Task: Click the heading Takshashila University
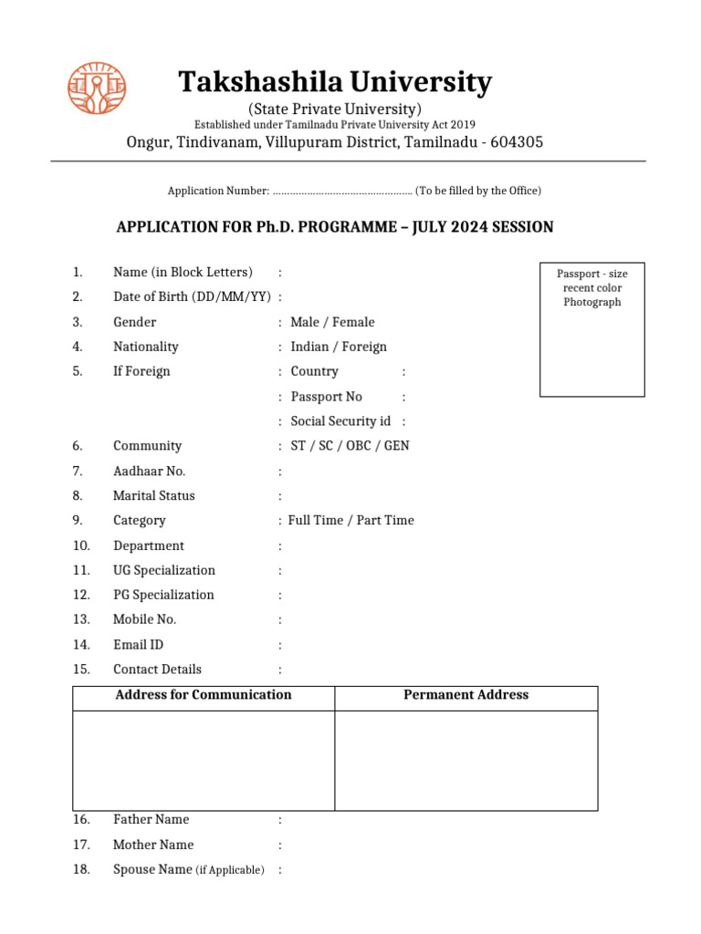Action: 334,83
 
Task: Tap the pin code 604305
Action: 517,142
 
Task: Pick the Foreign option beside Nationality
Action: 364,347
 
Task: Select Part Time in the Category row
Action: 385,520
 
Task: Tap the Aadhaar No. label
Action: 149,471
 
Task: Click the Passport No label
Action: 326,397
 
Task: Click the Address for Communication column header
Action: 204,695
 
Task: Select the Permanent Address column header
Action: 466,695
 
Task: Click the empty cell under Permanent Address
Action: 466,760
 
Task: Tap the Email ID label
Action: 138,645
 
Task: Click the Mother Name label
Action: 152,845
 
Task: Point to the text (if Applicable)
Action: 230,870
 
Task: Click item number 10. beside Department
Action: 81,545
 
